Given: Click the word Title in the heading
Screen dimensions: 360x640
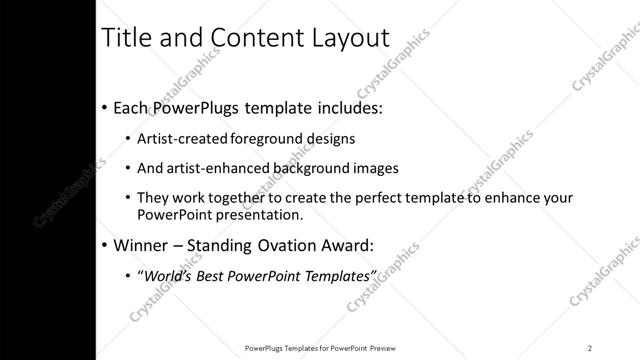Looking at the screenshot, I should [x=131, y=38].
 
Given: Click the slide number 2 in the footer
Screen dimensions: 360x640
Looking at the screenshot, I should [x=590, y=347].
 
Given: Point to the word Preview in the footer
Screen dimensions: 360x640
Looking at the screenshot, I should [x=391, y=347].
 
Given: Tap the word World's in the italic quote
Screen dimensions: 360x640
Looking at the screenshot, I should [x=168, y=275].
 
